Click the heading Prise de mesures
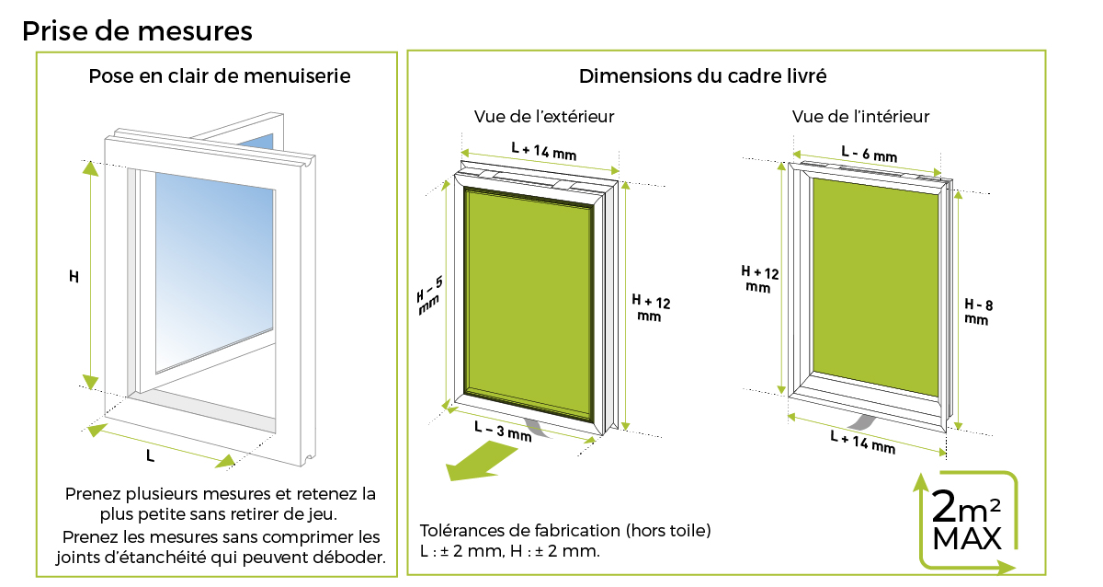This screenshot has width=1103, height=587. [x=137, y=30]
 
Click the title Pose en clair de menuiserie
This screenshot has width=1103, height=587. [x=219, y=76]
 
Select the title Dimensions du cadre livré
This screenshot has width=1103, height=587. [x=702, y=76]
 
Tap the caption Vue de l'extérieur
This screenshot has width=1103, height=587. [x=544, y=117]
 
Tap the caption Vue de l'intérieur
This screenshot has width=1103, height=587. [x=860, y=117]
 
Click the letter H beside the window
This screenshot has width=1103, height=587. [x=74, y=275]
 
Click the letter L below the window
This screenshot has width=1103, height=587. [x=150, y=455]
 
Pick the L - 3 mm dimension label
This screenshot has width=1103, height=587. [x=503, y=432]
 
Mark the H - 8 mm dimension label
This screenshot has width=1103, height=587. [x=977, y=312]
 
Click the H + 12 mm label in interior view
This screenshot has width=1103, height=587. [x=760, y=280]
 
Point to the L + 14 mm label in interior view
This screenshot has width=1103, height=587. [x=861, y=443]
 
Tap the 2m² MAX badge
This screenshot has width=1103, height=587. [x=967, y=521]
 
